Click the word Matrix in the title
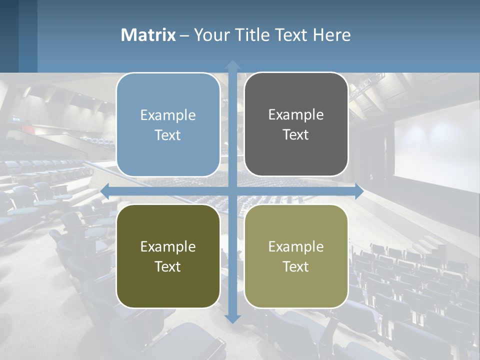coord(148,35)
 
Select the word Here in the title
coord(332,35)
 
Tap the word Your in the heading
coord(211,35)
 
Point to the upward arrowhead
coord(232,64)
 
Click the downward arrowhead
coord(232,318)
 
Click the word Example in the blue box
coord(168,115)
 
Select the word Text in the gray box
coord(296,134)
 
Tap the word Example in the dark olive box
coord(168,246)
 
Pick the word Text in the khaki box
coord(296,266)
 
